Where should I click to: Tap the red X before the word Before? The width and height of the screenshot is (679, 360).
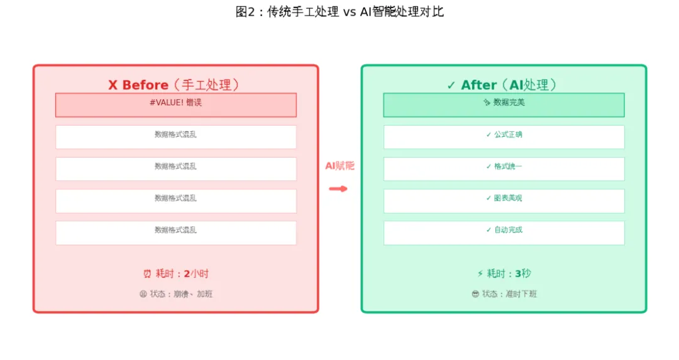point(113,85)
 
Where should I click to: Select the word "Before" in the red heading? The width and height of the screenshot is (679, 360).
point(145,85)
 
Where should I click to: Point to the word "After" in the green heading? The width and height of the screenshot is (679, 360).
point(478,85)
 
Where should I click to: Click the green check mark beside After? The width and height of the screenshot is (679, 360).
point(451,85)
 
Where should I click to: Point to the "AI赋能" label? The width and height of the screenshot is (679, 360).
point(339,166)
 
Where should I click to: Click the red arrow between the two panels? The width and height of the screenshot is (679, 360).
point(338,188)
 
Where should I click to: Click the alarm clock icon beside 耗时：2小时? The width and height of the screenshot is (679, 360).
point(147,274)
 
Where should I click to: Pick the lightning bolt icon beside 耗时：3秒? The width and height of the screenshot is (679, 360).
point(480,274)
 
